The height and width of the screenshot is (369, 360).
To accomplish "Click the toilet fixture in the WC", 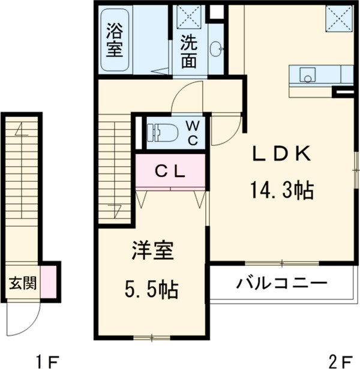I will [161, 132].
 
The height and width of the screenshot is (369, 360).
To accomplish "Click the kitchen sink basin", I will [308, 76].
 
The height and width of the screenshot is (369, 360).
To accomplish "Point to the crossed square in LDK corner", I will [339, 19].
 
